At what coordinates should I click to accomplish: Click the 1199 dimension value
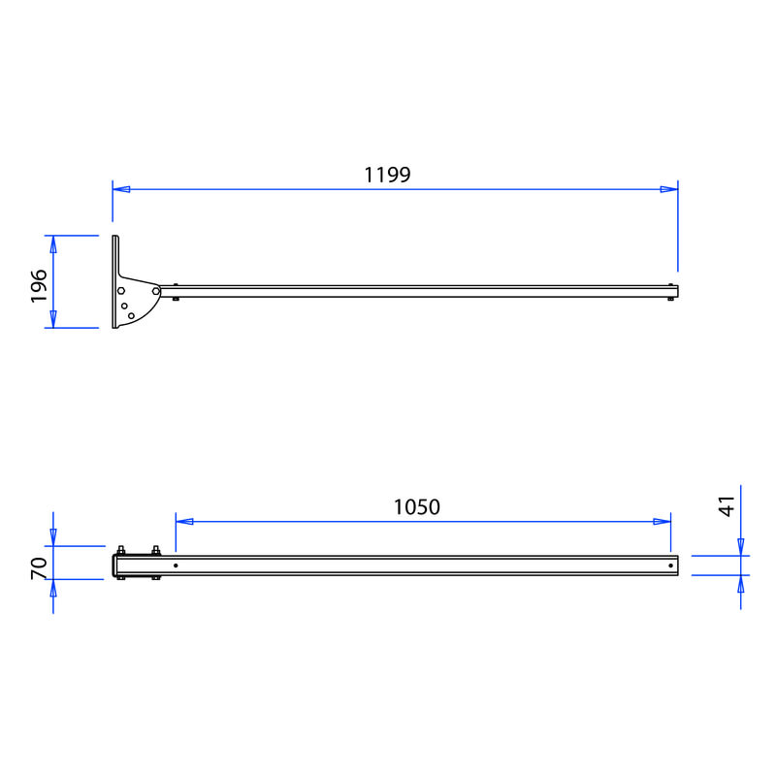tap(387, 175)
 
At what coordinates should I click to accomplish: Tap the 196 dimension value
tap(39, 286)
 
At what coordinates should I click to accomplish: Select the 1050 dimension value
tap(417, 507)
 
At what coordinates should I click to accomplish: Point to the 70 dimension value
tap(39, 568)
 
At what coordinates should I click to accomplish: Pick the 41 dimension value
tap(727, 506)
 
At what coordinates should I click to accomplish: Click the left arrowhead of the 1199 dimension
tap(121, 189)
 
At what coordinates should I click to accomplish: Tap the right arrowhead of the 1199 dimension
tap(669, 189)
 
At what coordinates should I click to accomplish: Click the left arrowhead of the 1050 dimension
tap(184, 521)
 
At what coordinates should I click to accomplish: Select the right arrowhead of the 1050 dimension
tap(663, 521)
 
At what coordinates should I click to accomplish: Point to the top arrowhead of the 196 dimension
tap(53, 244)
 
